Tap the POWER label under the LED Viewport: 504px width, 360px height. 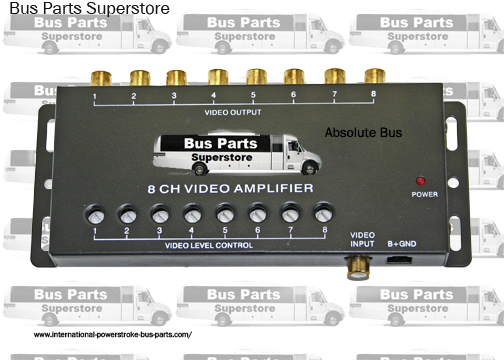click(x=425, y=193)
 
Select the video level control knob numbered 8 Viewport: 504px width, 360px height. click(x=323, y=214)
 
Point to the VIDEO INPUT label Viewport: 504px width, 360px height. click(x=362, y=239)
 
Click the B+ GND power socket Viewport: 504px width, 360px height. click(x=400, y=259)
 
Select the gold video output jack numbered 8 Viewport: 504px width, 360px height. click(x=374, y=76)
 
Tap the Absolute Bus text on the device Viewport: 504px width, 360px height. click(x=359, y=131)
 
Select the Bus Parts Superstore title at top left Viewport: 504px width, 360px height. click(x=88, y=9)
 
